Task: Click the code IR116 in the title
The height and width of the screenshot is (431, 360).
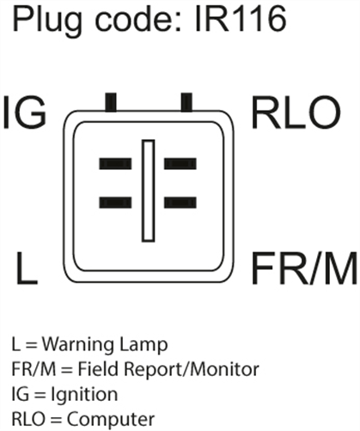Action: point(240,18)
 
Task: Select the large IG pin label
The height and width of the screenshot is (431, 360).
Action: point(25,112)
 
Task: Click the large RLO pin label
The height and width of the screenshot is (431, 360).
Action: point(296,112)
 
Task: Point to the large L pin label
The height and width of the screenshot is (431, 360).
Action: point(27,268)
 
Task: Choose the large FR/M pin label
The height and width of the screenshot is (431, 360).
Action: point(304,268)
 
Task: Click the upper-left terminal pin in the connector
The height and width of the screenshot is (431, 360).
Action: point(115,164)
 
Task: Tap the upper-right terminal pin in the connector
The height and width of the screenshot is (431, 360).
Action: point(180,164)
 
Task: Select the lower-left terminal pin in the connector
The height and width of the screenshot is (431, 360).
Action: point(115,203)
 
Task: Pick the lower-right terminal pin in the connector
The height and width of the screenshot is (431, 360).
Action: point(180,203)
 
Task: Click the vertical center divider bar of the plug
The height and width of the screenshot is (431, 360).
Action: point(149,191)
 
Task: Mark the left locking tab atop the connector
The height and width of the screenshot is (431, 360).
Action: point(111,102)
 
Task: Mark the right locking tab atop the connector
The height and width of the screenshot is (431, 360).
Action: point(186,102)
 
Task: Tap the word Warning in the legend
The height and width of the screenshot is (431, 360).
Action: point(78,345)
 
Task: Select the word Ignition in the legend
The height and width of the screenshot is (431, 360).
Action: point(84,395)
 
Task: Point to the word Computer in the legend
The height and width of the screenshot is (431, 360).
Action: point(111,419)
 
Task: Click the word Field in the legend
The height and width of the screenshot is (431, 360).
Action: point(99,369)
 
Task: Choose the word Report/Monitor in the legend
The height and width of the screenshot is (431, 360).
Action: point(191,370)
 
